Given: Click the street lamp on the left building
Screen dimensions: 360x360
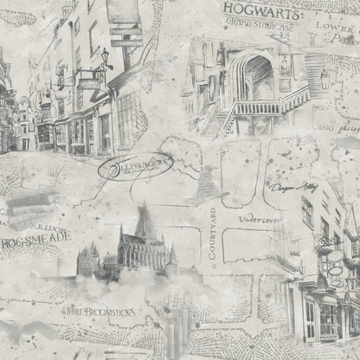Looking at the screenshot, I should [106, 56].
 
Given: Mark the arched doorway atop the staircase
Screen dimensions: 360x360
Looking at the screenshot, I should [257, 79].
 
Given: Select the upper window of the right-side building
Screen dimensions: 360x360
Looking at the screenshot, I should [308, 209].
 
